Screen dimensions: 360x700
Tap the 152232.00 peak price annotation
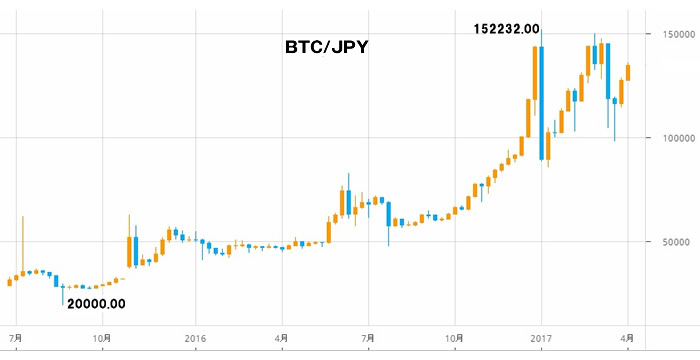pyautogui.click(x=506, y=30)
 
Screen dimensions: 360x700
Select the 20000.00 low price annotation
pyautogui.click(x=96, y=304)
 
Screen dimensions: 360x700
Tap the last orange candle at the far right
pyautogui.click(x=628, y=72)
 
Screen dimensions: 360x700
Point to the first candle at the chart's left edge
pyautogui.click(x=10, y=282)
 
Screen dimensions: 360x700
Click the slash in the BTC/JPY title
pyautogui.click(x=323, y=46)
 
